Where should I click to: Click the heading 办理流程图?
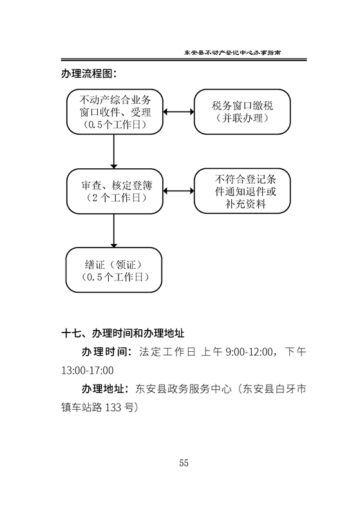pyautogui.click(x=88, y=73)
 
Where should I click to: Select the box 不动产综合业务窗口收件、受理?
pyautogui.click(x=115, y=111)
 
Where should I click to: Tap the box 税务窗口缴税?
pyautogui.click(x=242, y=111)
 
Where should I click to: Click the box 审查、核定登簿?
pyautogui.click(x=115, y=191)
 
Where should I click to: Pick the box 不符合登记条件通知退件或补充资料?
pyautogui.click(x=242, y=191)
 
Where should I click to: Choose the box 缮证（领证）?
pyautogui.click(x=114, y=270)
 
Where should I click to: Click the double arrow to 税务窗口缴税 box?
pyautogui.click(x=178, y=111)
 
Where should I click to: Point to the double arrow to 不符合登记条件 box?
pyautogui.click(x=178, y=191)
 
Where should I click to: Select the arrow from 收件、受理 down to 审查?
pyautogui.click(x=114, y=151)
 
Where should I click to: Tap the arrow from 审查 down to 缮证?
pyautogui.click(x=114, y=231)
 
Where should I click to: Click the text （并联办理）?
pyautogui.click(x=242, y=118)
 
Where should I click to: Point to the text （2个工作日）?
pyautogui.click(x=115, y=197)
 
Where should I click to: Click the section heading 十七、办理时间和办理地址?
pyautogui.click(x=123, y=333)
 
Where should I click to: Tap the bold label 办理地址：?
pyautogui.click(x=106, y=389)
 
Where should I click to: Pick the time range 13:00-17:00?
pyautogui.click(x=88, y=371)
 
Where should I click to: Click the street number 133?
pyautogui.click(x=113, y=407)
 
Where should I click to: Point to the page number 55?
pyautogui.click(x=184, y=463)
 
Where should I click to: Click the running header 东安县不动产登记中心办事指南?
pyautogui.click(x=232, y=52)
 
